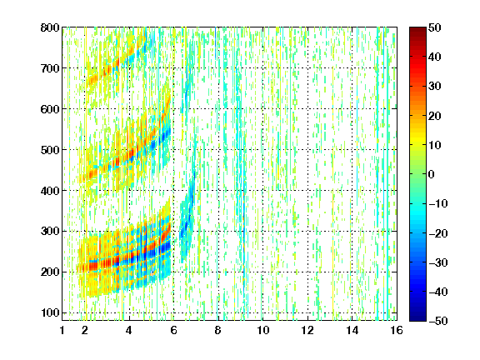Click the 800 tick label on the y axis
pos(50,27)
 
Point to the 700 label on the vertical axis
pos(50,68)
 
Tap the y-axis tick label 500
pos(50,150)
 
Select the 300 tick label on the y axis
pos(50,232)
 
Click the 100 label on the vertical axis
pos(50,312)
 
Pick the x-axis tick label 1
pos(62,330)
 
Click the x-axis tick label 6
pos(173,330)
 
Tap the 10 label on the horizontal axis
pos(262,330)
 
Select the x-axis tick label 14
pos(352,330)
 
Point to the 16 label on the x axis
pos(397,330)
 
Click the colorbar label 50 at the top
pos(434,27)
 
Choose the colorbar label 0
pos(432,174)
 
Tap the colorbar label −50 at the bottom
pos(438,321)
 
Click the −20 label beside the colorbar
pos(438,233)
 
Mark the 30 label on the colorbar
pos(434,87)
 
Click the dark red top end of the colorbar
pos(417,29)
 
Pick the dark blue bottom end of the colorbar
pos(417,318)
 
